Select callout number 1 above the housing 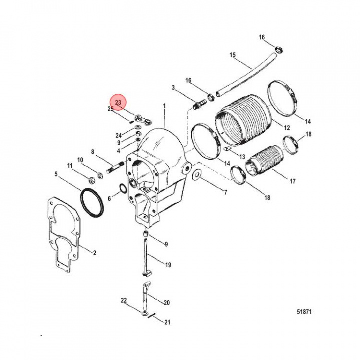(x=164, y=106)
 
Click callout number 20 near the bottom (x=166, y=303)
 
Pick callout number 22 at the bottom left (x=124, y=300)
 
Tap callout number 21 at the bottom (x=167, y=322)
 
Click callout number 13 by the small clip (x=242, y=157)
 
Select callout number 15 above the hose (x=232, y=55)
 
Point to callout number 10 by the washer (x=80, y=160)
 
